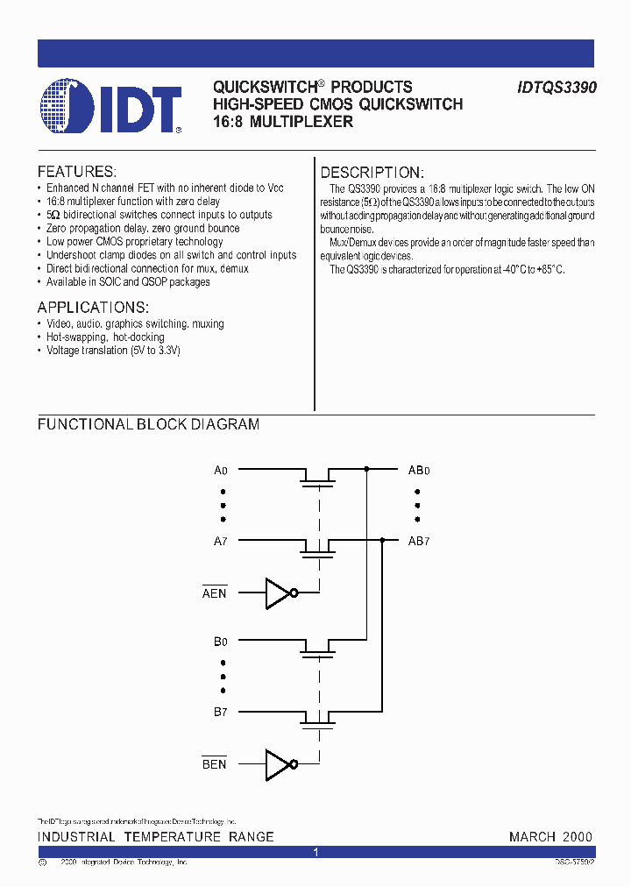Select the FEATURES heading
[77, 172]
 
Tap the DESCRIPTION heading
[372, 173]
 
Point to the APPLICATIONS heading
[93, 308]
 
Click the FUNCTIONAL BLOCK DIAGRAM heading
[148, 424]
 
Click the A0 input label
[221, 470]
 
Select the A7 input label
[221, 541]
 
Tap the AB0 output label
[419, 470]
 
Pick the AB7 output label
[419, 541]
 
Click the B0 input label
[221, 642]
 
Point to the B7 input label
[221, 712]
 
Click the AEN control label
[215, 593]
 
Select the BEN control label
[215, 764]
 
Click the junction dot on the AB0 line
[366, 470]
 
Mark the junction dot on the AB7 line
[383, 541]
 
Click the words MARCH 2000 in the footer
[550, 837]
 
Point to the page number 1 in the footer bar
[315, 852]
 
